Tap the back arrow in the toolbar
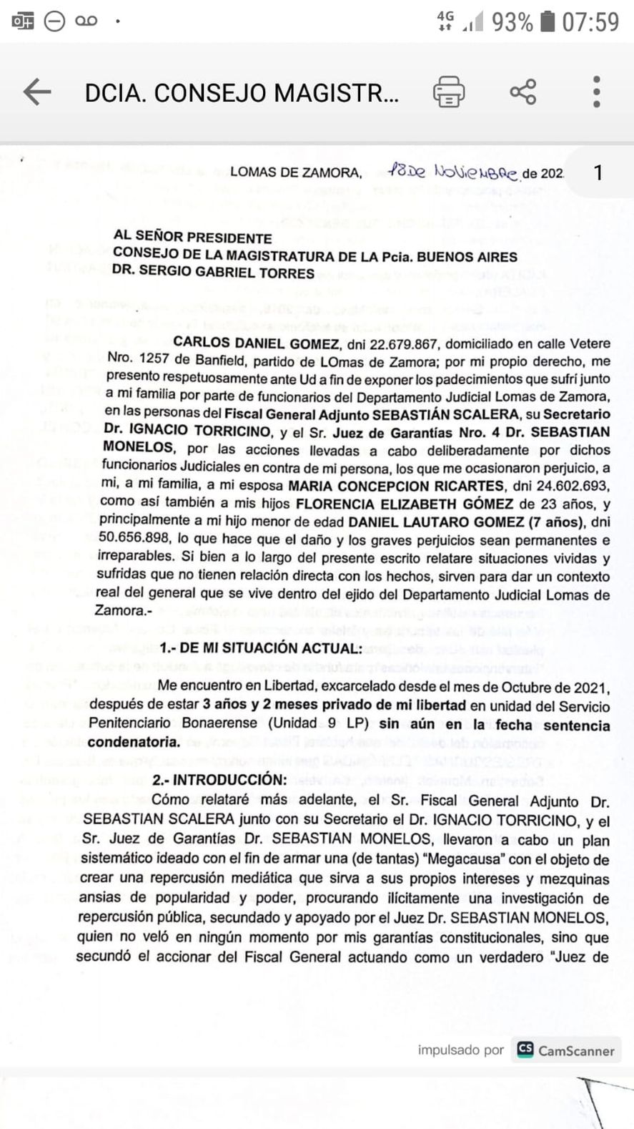click(x=37, y=92)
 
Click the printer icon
click(x=449, y=92)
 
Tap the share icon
click(x=523, y=92)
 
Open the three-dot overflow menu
click(x=597, y=92)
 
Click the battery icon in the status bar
click(x=548, y=21)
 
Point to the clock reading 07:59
click(x=590, y=21)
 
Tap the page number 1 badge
click(x=598, y=172)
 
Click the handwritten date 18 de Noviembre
click(x=454, y=172)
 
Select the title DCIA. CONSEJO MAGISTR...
click(x=242, y=93)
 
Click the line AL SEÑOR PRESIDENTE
click(x=193, y=238)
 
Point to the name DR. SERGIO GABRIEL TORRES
click(x=213, y=273)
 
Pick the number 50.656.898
click(x=136, y=539)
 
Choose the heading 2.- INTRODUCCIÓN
click(x=219, y=779)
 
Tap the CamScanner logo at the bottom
click(x=565, y=1050)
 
